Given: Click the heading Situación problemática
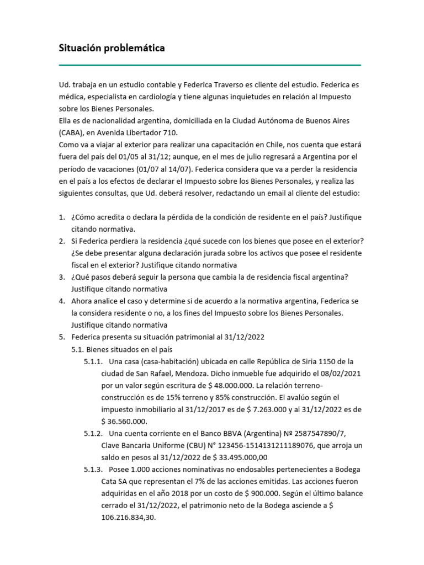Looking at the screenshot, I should [112, 48].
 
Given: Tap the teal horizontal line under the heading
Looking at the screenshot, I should [210, 65].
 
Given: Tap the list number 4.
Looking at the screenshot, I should [62, 301].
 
